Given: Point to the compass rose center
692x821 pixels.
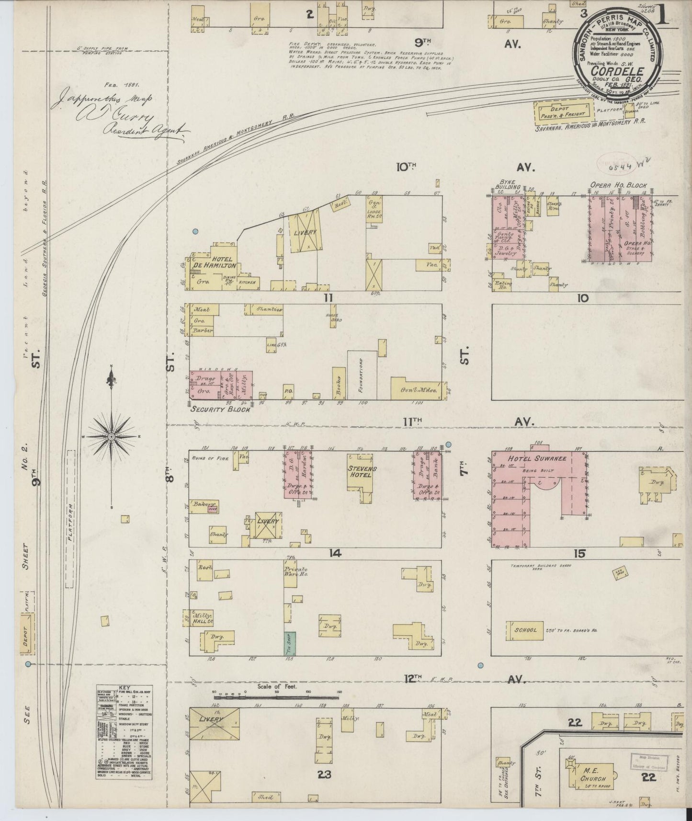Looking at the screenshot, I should coord(111,437).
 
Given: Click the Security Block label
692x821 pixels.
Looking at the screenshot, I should coord(220,410).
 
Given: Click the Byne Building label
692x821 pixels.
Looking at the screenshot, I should coord(509,186).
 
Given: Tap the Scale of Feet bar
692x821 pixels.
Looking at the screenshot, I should coord(278,693).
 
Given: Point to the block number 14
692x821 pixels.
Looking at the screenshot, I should coord(335,553).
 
